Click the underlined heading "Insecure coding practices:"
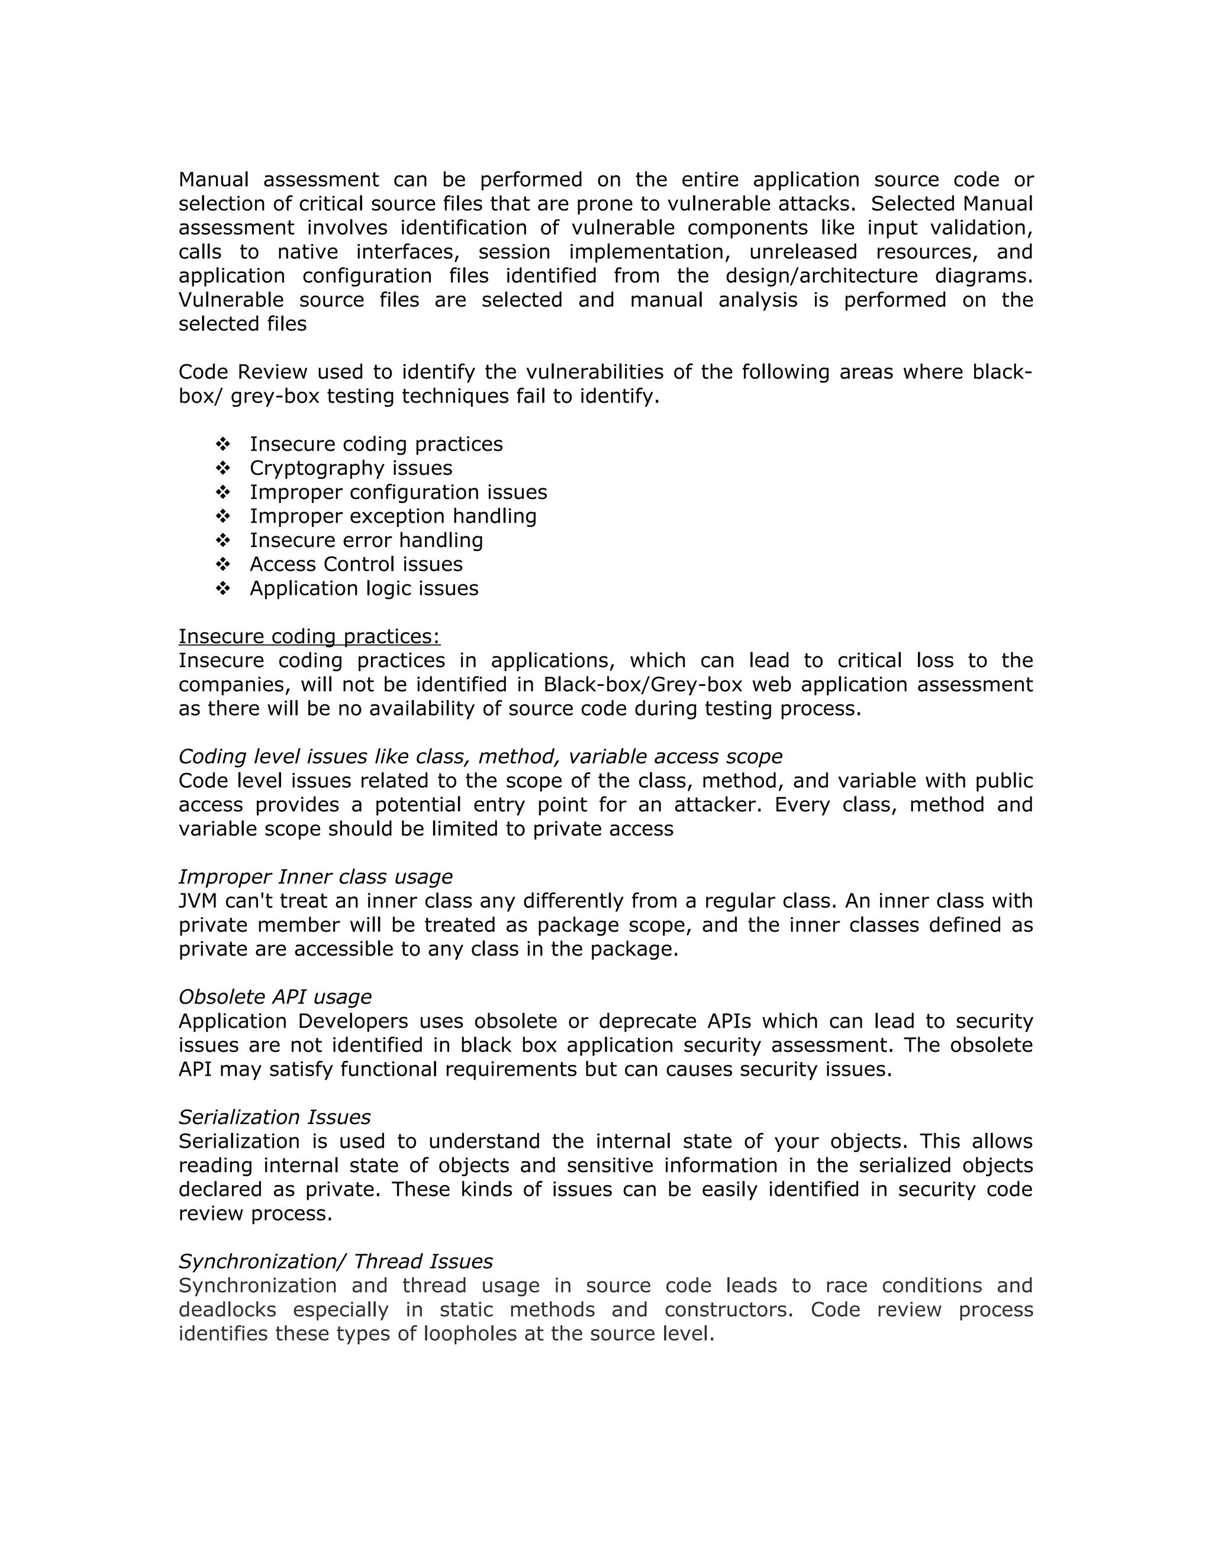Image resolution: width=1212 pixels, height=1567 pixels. tap(309, 637)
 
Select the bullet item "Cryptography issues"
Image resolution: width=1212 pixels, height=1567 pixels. tap(350, 468)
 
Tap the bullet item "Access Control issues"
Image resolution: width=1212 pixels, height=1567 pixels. tap(356, 565)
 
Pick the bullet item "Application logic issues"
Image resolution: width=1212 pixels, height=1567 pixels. tap(363, 589)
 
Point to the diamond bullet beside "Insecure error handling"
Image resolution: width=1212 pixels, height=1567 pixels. tap(223, 540)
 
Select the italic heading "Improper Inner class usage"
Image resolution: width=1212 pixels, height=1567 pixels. tap(315, 878)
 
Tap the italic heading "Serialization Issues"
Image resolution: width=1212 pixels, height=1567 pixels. tap(274, 1118)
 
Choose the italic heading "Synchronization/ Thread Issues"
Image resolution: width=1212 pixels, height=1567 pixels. tap(336, 1262)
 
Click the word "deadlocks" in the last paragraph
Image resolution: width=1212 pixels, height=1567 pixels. tap(227, 1310)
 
